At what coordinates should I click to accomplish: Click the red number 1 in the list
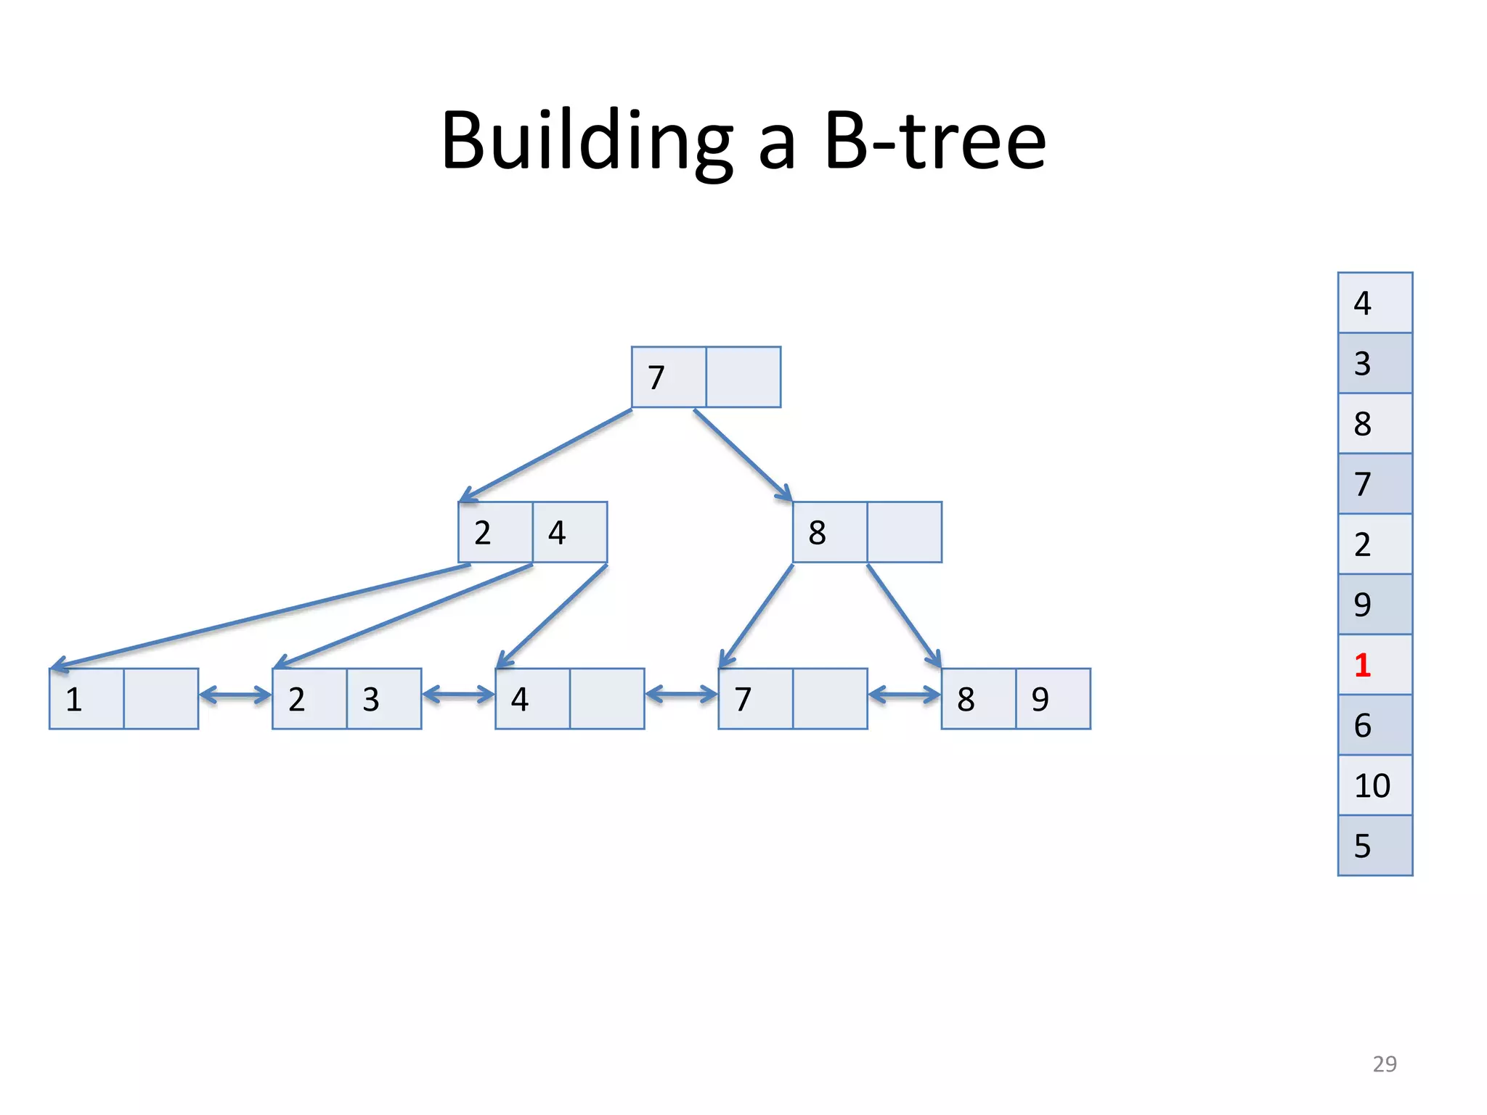tap(1362, 665)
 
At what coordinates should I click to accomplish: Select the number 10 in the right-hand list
tap(1372, 785)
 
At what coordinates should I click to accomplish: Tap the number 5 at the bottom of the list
tap(1362, 846)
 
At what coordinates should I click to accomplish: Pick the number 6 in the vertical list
tap(1362, 725)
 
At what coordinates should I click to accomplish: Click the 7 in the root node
tap(656, 377)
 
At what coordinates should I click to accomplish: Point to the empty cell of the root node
tap(743, 377)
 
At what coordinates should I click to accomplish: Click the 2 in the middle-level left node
tap(483, 533)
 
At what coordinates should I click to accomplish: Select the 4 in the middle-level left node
tap(557, 533)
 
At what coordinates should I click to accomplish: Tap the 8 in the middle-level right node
tap(817, 533)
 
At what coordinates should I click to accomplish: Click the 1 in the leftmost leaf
tap(73, 699)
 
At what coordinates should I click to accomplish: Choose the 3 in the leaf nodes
tap(371, 699)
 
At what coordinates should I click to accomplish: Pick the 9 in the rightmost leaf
tap(1040, 699)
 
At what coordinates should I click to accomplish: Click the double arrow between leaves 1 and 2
tap(235, 695)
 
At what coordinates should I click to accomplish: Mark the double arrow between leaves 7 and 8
tap(904, 695)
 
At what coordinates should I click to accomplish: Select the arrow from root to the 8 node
tap(742, 454)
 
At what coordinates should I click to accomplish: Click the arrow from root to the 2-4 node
tap(546, 455)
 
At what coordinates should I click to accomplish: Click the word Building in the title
tap(587, 141)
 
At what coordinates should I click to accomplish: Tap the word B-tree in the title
tap(935, 141)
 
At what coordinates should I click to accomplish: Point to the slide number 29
tap(1384, 1063)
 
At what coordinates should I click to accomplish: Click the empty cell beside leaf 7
tap(830, 699)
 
